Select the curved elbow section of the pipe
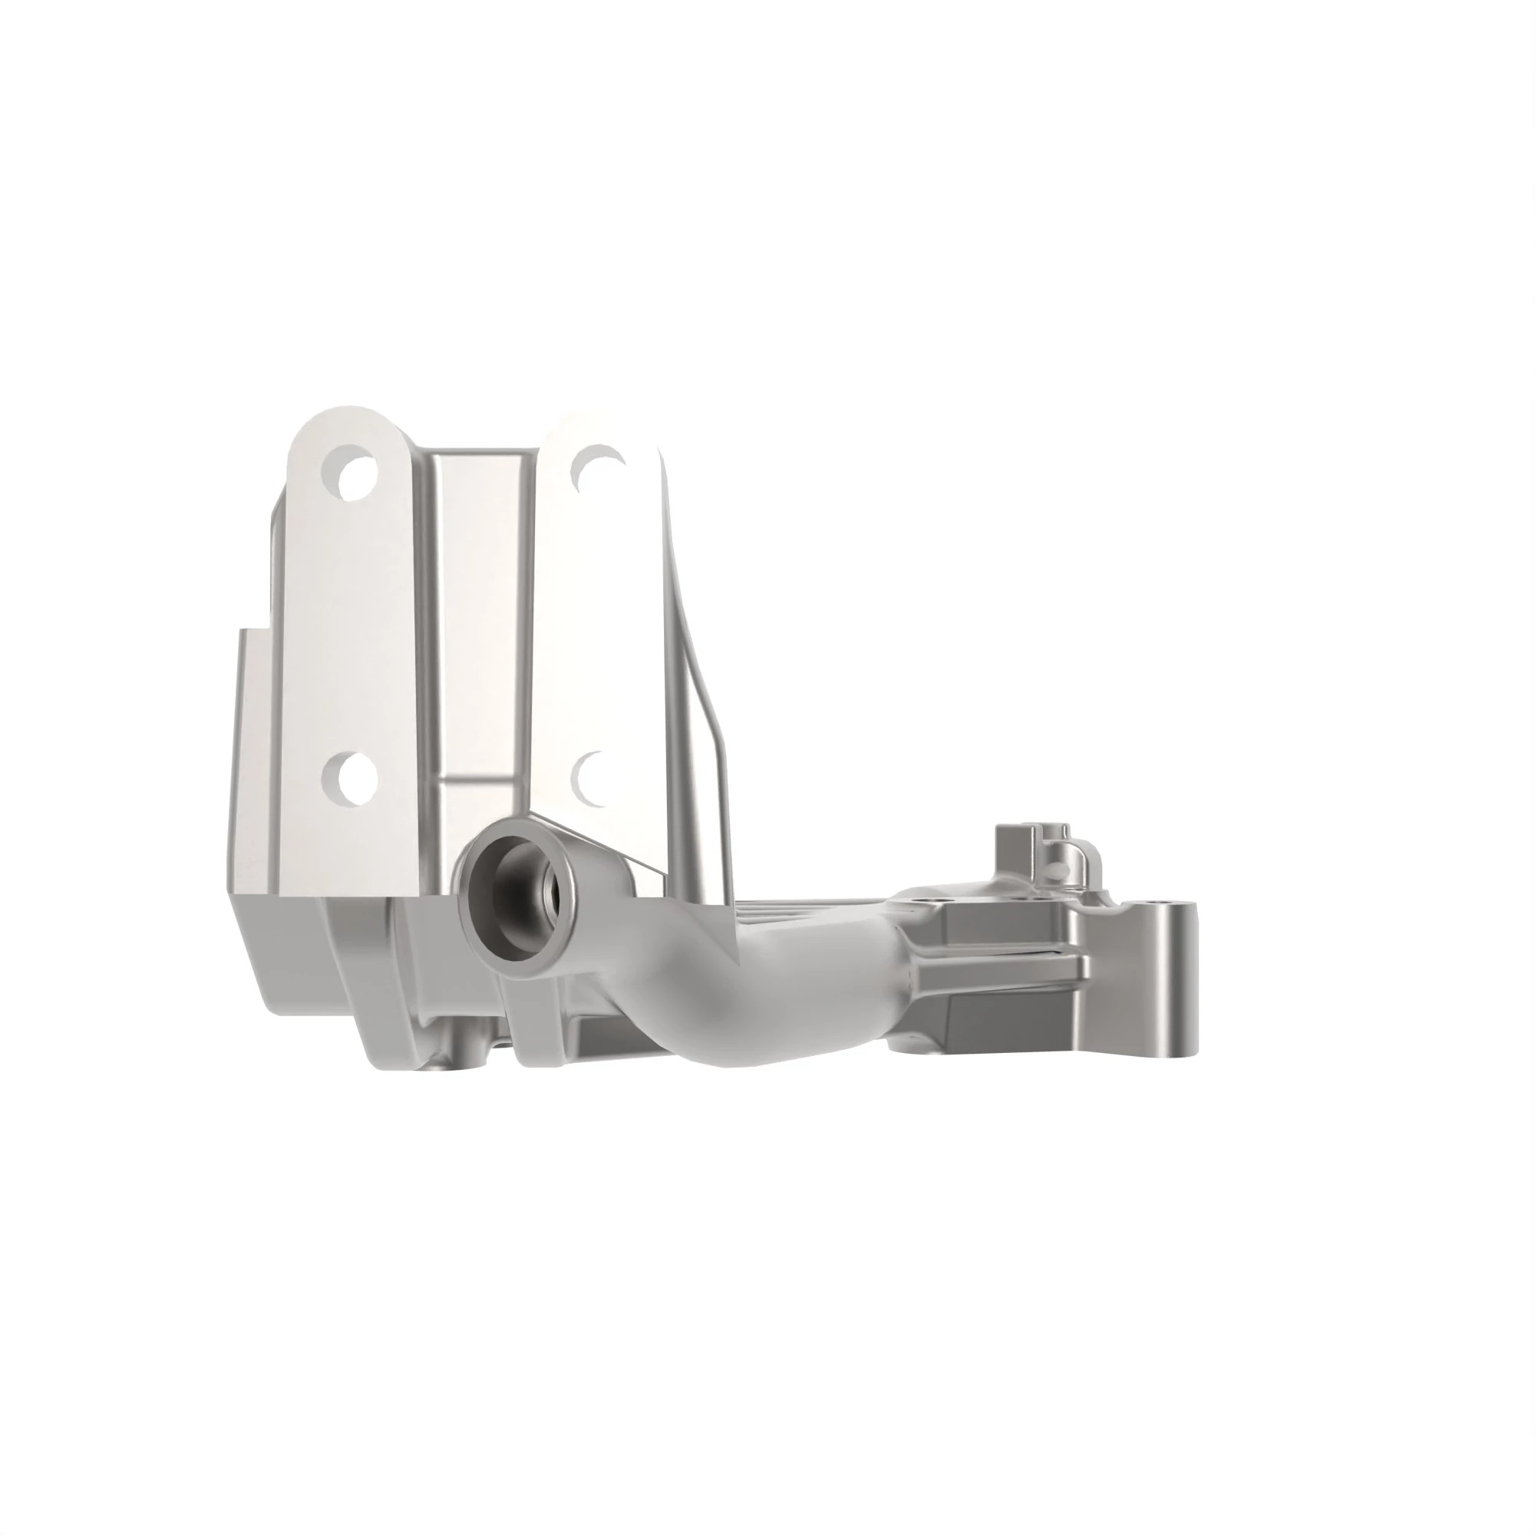(x=731, y=1009)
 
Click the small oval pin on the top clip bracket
(x=1055, y=872)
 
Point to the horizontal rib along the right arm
(x=1001, y=966)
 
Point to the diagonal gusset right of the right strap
(x=703, y=715)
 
